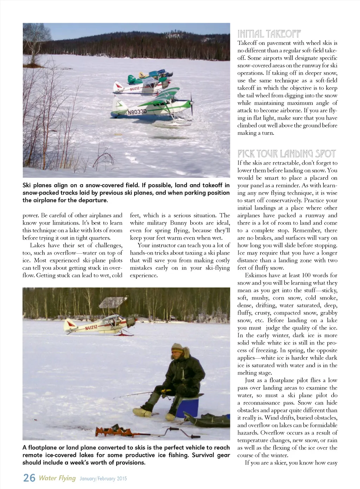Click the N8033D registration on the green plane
click(137, 112)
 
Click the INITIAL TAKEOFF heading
click(269, 34)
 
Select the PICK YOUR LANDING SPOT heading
click(287, 154)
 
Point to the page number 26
click(29, 478)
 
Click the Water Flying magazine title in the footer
click(57, 478)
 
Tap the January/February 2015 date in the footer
click(103, 478)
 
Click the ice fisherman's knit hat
click(177, 348)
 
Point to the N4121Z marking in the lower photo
click(91, 328)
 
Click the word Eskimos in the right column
click(256, 275)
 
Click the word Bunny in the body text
click(179, 223)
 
